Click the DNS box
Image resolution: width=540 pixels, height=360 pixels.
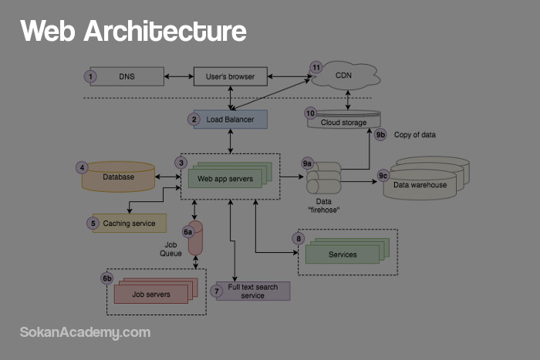point(127,76)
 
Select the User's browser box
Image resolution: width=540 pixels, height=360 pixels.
point(230,76)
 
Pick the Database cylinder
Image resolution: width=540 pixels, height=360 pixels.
point(119,177)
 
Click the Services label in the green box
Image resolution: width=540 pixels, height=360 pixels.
point(343,254)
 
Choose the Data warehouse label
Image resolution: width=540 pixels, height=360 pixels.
point(420,185)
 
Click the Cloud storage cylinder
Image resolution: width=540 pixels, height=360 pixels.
point(344,121)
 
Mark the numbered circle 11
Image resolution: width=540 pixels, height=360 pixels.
point(316,68)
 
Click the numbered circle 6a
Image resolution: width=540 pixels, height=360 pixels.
point(187,231)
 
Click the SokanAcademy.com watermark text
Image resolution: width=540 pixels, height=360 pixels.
point(85,332)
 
